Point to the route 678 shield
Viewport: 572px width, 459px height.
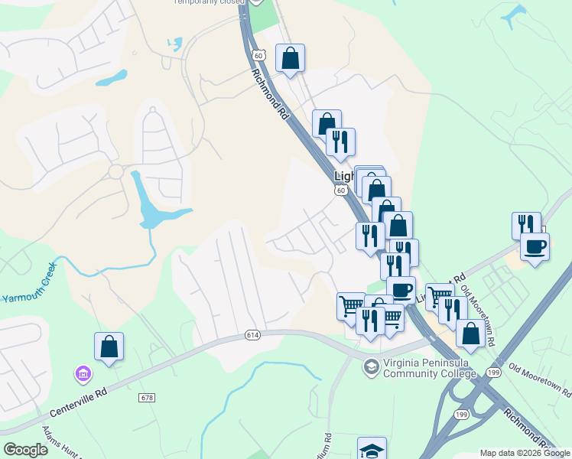148,398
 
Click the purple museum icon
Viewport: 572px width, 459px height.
82,374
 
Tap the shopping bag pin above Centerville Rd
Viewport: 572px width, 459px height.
109,346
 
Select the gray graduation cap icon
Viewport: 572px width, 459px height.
371,367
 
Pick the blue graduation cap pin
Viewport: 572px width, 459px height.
372,450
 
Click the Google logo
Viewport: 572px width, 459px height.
26,450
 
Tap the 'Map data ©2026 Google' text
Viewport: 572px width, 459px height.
525,453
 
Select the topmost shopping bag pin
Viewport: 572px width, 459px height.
290,58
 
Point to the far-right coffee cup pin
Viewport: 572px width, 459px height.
535,246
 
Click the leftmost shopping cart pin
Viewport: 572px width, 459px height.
350,305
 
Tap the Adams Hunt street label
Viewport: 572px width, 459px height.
61,444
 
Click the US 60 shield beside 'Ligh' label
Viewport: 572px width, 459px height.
341,190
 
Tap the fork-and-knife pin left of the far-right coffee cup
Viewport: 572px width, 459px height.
525,225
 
